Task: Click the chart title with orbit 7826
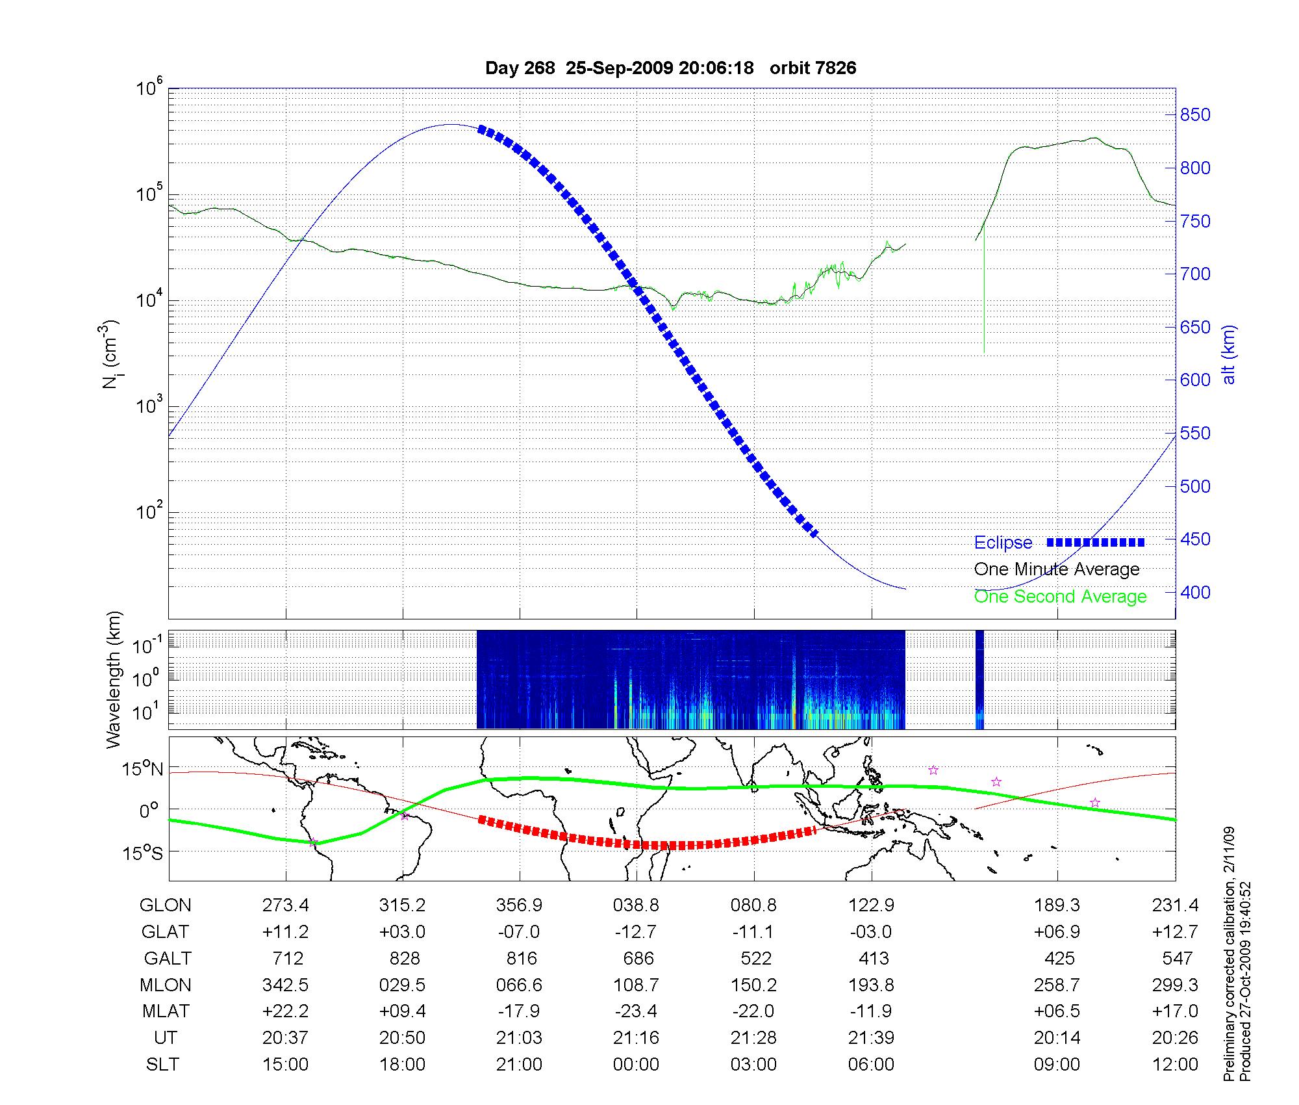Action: [670, 68]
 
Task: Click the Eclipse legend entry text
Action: [1003, 543]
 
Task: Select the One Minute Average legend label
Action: [1057, 569]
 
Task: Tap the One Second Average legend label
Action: [1060, 597]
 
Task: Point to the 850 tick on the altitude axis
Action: [1195, 115]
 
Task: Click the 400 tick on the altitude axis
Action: [1195, 592]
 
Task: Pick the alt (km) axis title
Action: [1229, 354]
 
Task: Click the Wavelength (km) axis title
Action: [114, 680]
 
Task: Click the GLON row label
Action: [166, 905]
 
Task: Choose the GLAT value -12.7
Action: [636, 932]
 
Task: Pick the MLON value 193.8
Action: [872, 985]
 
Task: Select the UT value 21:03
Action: [519, 1038]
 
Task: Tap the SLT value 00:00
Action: [636, 1065]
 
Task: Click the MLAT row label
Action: [166, 1011]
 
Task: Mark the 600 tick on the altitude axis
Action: [1195, 380]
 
